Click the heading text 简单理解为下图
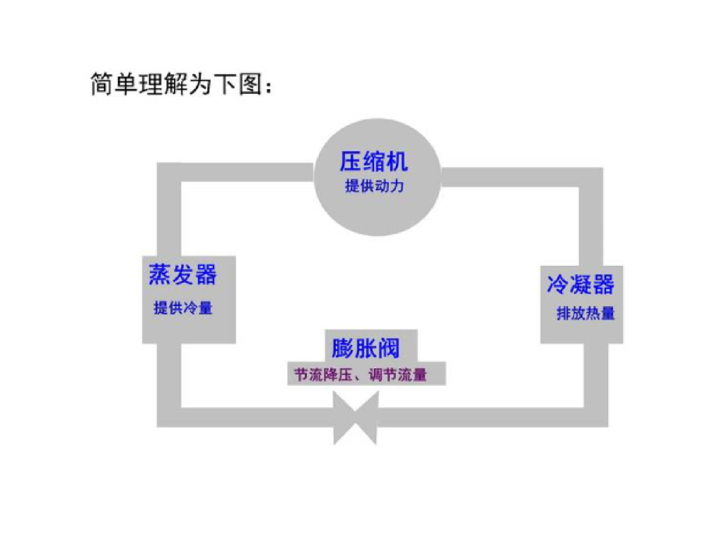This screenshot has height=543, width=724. click(181, 84)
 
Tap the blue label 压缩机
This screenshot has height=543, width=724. click(373, 162)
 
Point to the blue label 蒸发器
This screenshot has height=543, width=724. click(182, 274)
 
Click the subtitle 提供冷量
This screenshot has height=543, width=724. click(182, 308)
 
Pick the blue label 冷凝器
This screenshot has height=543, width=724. click(580, 285)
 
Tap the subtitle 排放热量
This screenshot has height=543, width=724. click(585, 313)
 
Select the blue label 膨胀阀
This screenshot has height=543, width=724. click(366, 349)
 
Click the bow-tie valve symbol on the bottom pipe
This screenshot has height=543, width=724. click(356, 418)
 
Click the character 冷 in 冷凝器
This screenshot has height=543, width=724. click(558, 285)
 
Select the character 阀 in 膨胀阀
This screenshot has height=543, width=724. click(388, 349)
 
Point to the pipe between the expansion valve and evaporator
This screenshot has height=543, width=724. click(247, 417)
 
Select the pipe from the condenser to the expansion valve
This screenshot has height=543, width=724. click(495, 417)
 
